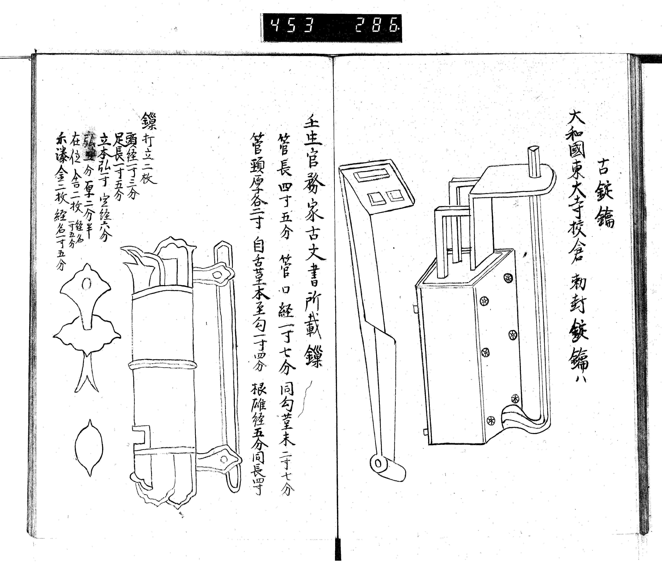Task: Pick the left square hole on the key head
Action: tap(376, 198)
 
